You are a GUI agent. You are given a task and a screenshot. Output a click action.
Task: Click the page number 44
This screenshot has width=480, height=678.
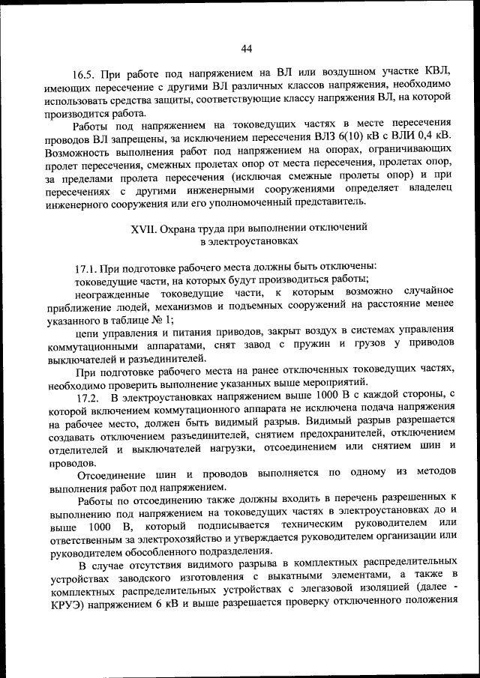247,49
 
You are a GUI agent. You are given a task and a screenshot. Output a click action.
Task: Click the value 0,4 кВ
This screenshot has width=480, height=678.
434,136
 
